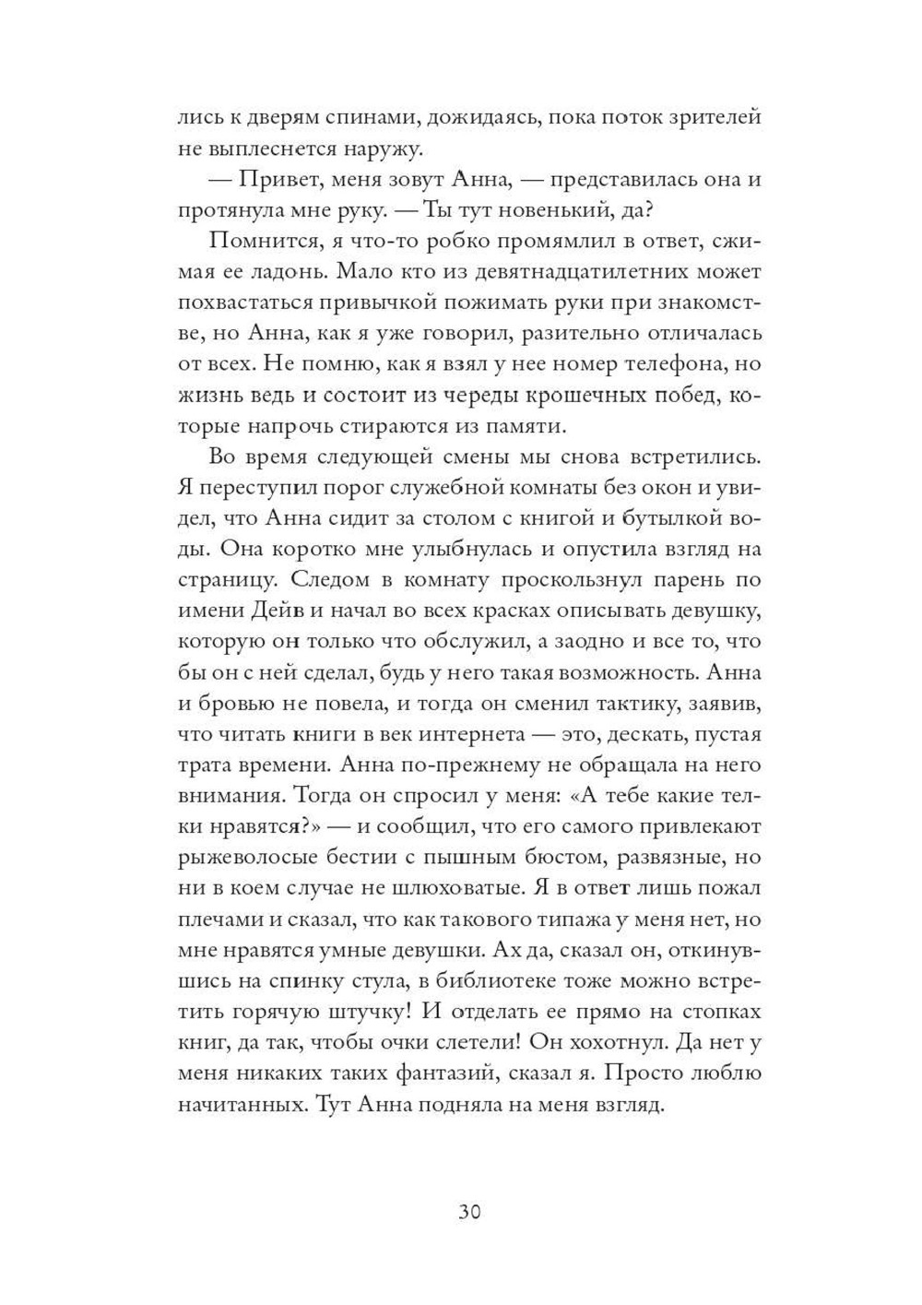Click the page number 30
coord(469,1211)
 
